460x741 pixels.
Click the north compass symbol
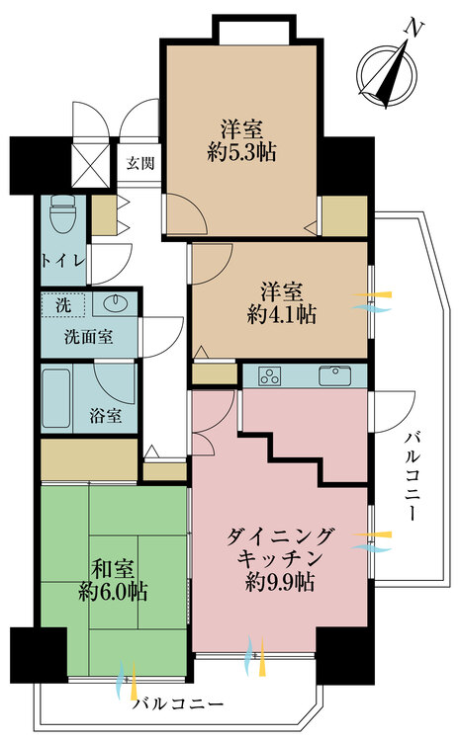click(x=387, y=68)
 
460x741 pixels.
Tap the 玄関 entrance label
click(x=139, y=163)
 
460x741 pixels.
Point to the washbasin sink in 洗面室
click(x=111, y=303)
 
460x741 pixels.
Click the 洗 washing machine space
click(x=62, y=303)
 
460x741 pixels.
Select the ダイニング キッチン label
click(x=281, y=547)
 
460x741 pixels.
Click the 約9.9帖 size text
click(x=281, y=582)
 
